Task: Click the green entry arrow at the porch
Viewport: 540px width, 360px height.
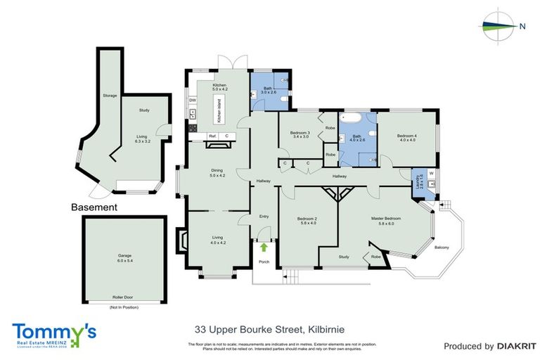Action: [x=264, y=247]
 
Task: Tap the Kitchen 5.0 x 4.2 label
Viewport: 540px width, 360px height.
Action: [x=220, y=88]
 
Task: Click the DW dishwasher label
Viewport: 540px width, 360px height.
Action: [x=192, y=101]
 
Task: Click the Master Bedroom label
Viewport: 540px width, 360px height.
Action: [x=385, y=221]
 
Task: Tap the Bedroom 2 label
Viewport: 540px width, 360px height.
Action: [x=308, y=221]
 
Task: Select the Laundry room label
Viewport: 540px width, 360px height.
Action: [x=418, y=181]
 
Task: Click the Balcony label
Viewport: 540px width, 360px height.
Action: [x=442, y=247]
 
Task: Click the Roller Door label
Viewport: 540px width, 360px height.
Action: [x=124, y=297]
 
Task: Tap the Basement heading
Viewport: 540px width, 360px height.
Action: [x=94, y=207]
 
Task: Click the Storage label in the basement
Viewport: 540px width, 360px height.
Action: [x=109, y=95]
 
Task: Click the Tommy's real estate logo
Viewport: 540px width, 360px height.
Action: [x=53, y=333]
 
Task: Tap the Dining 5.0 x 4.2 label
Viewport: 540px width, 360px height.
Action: [x=217, y=172]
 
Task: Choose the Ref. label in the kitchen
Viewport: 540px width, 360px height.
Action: [x=210, y=136]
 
